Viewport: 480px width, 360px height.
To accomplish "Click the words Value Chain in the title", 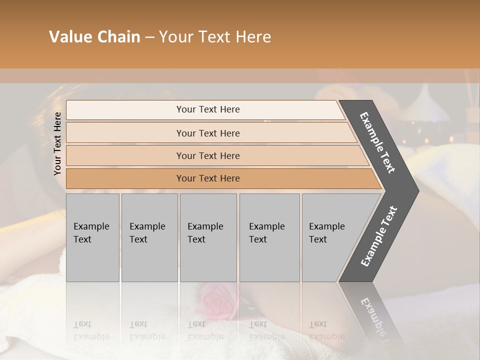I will pos(94,37).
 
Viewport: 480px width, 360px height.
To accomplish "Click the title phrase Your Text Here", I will pos(214,37).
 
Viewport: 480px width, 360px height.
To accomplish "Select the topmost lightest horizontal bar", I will pos(207,109).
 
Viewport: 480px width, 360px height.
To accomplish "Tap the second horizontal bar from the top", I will pos(207,133).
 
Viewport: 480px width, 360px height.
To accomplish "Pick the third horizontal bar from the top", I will pos(207,155).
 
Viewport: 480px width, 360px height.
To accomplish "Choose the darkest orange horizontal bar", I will pos(207,178).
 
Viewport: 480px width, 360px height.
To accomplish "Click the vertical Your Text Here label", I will pos(57,143).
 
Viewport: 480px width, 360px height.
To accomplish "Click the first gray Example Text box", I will pos(92,237).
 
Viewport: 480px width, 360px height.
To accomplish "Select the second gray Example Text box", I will pos(149,237).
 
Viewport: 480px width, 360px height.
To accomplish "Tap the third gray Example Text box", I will pos(207,237).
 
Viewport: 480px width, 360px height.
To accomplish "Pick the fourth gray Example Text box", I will pos(269,237).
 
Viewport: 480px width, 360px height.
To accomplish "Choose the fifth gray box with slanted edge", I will pos(330,237).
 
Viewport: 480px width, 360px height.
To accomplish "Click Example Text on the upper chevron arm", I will pos(377,142).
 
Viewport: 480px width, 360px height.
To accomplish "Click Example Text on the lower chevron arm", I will pos(378,236).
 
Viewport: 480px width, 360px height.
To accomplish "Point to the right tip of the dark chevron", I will pos(418,191).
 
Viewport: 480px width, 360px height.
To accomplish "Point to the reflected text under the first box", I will pos(91,330).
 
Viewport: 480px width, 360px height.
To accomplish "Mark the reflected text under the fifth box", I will pos(326,330).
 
